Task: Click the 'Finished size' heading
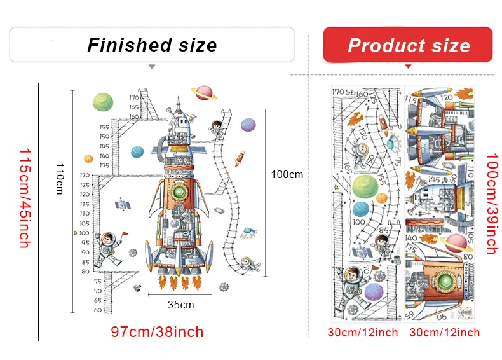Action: coord(152,45)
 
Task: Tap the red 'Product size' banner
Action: coord(409,46)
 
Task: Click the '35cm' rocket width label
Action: coord(180,305)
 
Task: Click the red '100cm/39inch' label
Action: coord(491,204)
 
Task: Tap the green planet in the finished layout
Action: coord(102,102)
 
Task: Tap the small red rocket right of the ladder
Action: coord(241,156)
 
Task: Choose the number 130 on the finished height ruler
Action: coord(85,175)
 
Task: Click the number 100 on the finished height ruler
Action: coord(85,223)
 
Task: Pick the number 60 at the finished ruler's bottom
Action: coord(97,310)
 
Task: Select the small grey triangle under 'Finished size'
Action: coord(151,66)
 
